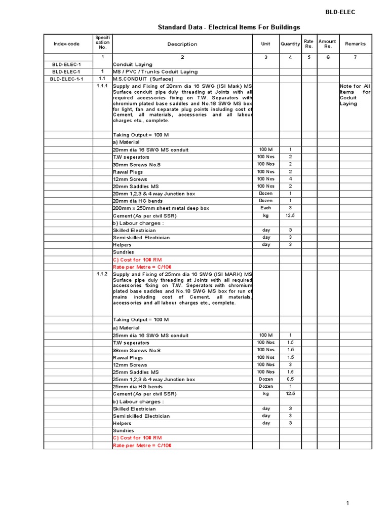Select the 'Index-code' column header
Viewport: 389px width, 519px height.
(x=66, y=44)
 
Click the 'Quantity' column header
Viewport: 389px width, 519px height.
(x=290, y=44)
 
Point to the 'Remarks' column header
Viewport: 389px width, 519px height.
(x=355, y=44)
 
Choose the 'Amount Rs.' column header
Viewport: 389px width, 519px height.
(x=327, y=44)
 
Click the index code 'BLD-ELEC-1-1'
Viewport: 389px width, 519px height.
(x=66, y=79)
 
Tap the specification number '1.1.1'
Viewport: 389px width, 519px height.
(x=102, y=86)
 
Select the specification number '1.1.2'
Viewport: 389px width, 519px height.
(x=102, y=274)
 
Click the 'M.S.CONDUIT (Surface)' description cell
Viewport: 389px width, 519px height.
(x=142, y=79)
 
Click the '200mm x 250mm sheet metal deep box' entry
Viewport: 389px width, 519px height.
(x=161, y=208)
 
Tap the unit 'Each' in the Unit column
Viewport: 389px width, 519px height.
(x=266, y=208)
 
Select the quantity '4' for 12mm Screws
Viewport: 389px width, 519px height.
(x=290, y=179)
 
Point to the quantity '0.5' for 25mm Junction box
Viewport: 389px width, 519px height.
(x=290, y=379)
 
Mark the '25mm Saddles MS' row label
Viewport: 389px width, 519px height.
(x=135, y=372)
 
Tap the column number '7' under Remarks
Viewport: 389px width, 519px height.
(x=355, y=57)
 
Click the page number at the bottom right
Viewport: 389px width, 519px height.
(x=348, y=503)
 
